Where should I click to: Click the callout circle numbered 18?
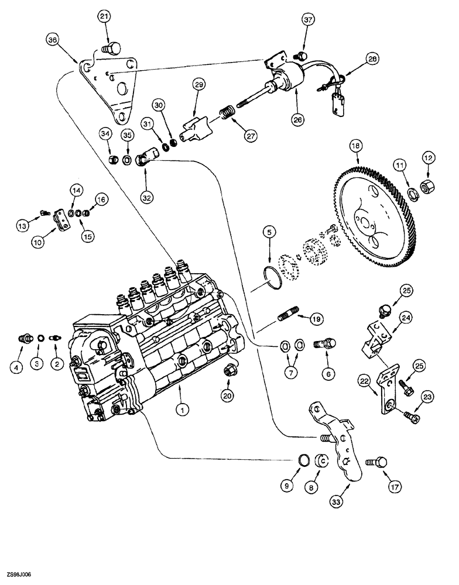tap(355, 146)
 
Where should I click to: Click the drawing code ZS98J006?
tap(18, 575)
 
